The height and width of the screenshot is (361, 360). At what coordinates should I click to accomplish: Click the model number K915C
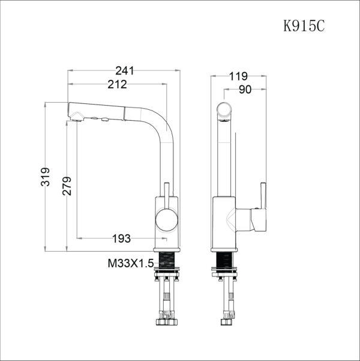304,25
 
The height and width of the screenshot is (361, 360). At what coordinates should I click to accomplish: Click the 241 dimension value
124,71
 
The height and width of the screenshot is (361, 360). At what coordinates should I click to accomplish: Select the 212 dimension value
118,84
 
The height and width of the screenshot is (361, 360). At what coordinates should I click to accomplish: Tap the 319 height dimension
45,177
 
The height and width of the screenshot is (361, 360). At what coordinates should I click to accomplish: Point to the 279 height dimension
67,186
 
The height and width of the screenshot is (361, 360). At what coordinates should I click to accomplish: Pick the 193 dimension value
121,238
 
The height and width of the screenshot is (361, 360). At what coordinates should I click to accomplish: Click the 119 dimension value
238,76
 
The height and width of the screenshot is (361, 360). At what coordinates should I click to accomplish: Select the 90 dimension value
245,89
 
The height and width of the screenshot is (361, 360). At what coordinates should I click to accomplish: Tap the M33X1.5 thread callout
130,263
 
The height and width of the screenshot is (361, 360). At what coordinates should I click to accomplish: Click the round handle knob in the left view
167,220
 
